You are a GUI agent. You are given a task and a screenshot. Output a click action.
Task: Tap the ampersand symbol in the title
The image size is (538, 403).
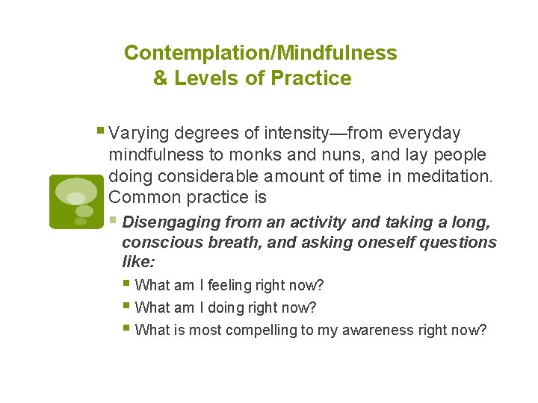coord(161,78)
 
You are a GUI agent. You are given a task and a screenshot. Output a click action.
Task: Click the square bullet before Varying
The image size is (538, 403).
coord(101,133)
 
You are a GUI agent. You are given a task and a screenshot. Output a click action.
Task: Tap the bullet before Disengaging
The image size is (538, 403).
coord(113,221)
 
